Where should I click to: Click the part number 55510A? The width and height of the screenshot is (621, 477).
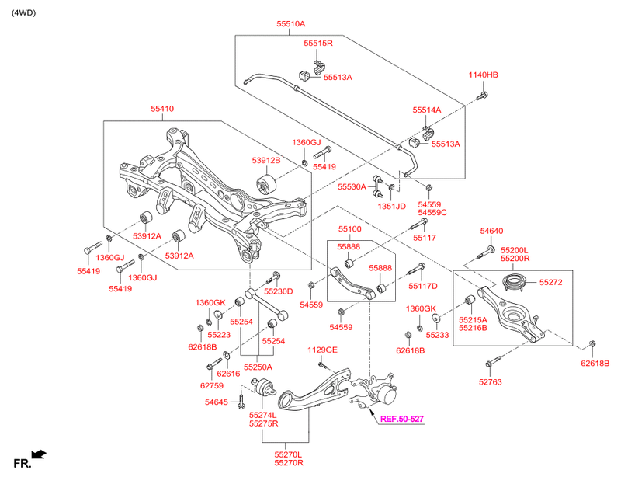pos(289,25)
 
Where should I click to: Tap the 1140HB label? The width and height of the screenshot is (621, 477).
pos(483,75)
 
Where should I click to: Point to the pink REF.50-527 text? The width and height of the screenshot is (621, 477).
pos(402,420)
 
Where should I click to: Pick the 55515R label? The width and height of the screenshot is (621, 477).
pos(317,43)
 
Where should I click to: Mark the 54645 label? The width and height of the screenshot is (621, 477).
pos(217,402)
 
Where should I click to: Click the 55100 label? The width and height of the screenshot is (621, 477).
pos(349,230)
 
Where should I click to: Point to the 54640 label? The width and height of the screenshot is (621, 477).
pos(491,231)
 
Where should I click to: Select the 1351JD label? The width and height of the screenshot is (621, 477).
pos(392,206)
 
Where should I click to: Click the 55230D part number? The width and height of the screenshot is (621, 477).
pos(278,291)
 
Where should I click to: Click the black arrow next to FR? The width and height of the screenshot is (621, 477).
pos(38,454)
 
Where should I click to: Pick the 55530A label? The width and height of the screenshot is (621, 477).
pos(352,187)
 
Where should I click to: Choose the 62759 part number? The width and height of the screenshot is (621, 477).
pos(212,385)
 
